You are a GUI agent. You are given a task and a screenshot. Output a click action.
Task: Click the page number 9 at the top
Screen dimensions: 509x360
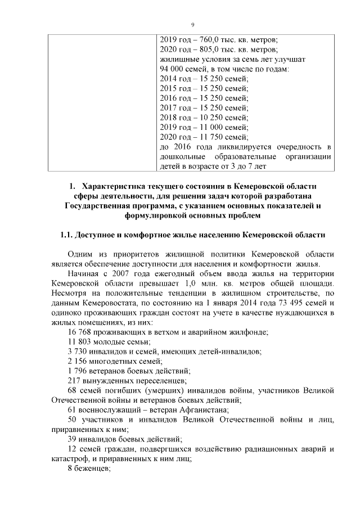[192, 25]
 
